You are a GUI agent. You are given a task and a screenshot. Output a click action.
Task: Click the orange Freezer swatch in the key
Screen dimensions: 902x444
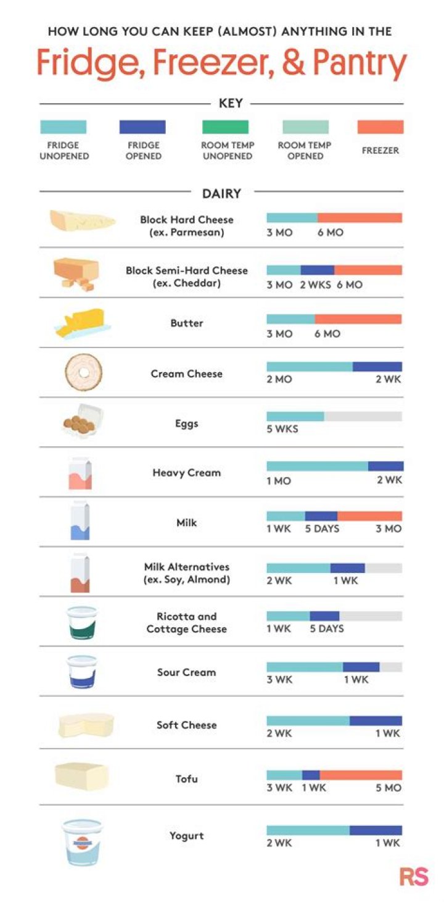pos(380,127)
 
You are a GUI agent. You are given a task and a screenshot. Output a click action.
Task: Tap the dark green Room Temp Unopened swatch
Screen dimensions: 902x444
pos(225,127)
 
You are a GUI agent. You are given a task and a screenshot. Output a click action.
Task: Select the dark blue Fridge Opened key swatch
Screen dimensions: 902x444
pos(142,127)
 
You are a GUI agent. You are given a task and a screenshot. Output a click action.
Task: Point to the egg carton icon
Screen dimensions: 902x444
pos(83,423)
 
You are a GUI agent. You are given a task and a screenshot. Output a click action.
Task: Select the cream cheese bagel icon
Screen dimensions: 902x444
pos(83,372)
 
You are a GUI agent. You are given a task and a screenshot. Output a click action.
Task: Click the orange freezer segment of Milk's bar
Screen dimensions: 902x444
pos(369,516)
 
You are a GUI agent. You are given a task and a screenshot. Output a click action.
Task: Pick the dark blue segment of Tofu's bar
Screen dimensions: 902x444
pos(311,775)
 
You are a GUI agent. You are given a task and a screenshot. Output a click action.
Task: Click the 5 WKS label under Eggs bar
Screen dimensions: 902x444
pos(282,428)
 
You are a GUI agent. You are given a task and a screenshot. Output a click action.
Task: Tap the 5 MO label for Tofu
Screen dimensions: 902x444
pos(388,788)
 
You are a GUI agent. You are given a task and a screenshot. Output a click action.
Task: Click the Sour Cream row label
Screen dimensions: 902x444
pos(186,672)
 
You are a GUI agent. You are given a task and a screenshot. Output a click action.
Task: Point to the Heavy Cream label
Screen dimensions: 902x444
pos(186,473)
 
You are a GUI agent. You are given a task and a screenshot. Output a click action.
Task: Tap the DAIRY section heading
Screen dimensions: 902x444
pos(221,194)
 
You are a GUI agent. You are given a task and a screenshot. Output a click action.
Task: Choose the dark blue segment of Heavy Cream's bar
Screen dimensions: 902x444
pos(385,466)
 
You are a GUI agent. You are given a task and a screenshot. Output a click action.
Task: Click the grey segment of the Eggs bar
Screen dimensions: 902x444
pos(363,416)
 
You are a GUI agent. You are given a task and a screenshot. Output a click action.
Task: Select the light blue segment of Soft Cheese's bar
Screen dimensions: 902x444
pos(308,720)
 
